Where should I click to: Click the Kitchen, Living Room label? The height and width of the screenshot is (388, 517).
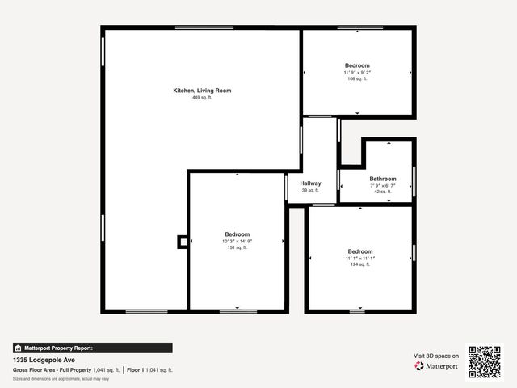(202, 91)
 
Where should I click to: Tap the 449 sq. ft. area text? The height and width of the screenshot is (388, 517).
(202, 98)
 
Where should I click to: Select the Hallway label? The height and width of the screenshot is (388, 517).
(310, 183)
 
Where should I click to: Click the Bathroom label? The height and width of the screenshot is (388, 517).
(383, 179)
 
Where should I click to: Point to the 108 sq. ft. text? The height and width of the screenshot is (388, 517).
(357, 78)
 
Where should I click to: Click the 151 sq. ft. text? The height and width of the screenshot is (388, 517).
(237, 247)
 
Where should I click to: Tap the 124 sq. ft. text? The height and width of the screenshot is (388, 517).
(360, 264)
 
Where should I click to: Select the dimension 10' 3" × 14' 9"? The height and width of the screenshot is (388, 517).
(237, 241)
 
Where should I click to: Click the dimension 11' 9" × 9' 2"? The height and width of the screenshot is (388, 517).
(357, 72)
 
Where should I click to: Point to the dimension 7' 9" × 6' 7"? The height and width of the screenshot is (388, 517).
(383, 185)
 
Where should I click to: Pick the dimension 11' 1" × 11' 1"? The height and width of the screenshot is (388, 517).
(360, 258)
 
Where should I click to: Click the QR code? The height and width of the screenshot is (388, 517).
(485, 362)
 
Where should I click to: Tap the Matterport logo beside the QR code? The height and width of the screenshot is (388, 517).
(436, 366)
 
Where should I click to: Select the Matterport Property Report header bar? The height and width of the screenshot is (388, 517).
(92, 348)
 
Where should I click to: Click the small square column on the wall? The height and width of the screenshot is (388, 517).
(183, 241)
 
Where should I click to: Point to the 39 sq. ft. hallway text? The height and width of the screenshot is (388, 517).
(310, 190)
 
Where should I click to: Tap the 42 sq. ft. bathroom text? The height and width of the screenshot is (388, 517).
(383, 192)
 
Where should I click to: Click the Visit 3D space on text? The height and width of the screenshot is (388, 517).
(436, 356)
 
